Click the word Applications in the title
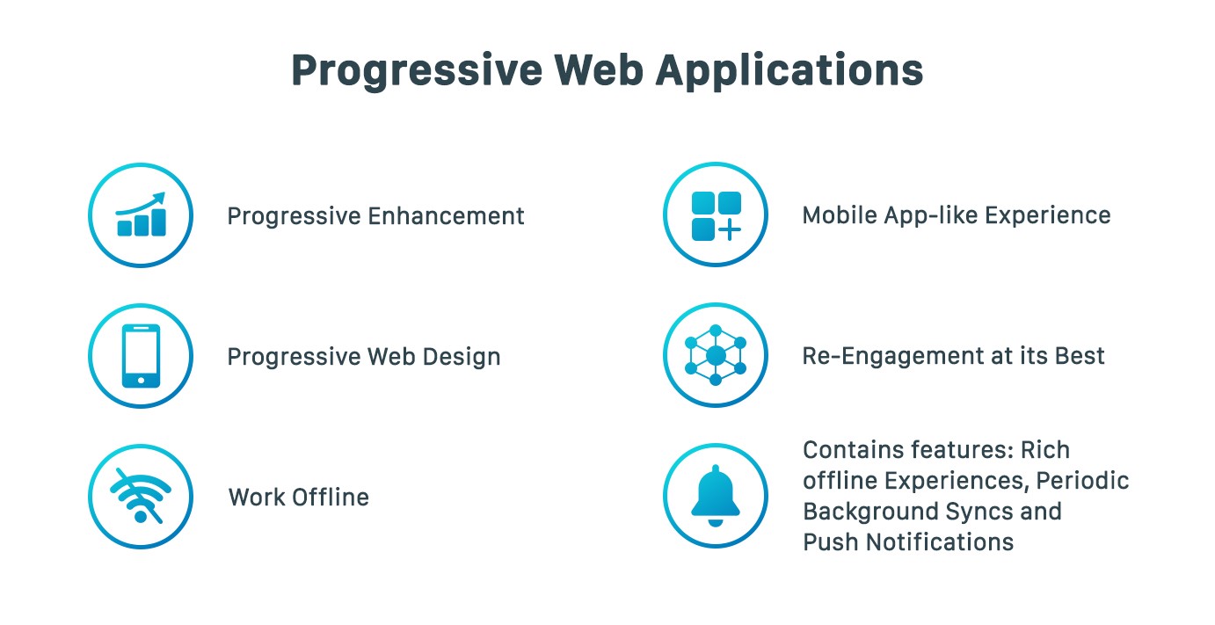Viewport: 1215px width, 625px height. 789,71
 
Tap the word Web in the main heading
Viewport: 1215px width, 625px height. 599,70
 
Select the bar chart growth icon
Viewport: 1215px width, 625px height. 141,214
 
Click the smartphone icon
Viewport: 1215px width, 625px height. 141,356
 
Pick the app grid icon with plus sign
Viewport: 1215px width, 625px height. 716,215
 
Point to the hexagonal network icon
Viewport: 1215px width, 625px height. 716,355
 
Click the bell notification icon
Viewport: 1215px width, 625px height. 716,495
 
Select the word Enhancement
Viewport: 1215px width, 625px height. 446,216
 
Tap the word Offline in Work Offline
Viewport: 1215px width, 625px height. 331,497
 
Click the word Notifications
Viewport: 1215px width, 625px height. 940,542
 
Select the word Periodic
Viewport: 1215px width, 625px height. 1082,481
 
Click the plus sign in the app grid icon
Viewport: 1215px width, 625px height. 730,229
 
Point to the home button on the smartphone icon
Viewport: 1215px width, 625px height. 141,381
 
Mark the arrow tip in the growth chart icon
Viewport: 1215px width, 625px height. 164,194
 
